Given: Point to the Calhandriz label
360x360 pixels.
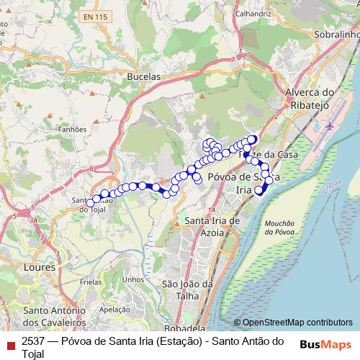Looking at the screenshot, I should click(253, 13).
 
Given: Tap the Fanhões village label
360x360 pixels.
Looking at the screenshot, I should click(73, 130).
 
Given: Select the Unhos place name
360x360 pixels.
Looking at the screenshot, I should click(133, 279).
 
